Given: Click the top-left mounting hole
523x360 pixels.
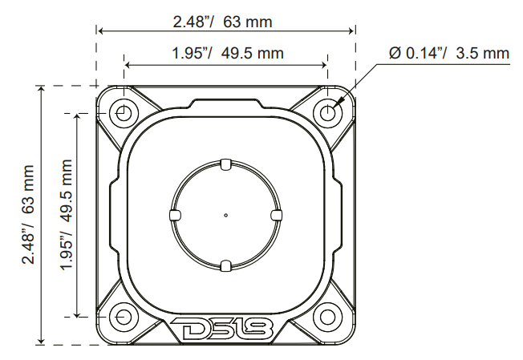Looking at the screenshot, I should click(124, 113).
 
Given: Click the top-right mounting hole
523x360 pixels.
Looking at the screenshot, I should click(327, 113).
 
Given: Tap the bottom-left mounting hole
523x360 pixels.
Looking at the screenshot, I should click(124, 317).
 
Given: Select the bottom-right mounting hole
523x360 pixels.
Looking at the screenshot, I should click(327, 317).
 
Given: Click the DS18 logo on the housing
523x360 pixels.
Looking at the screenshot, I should click(225, 330).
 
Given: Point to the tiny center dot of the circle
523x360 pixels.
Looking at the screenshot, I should click(225, 215).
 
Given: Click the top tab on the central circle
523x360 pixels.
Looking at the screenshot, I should click(225, 164).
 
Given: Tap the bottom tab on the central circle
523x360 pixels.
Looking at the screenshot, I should click(225, 265).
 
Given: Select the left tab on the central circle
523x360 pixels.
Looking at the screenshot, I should click(174, 215).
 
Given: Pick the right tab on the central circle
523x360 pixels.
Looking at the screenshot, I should click(277, 215).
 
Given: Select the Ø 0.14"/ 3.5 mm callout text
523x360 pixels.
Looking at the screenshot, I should click(449, 54).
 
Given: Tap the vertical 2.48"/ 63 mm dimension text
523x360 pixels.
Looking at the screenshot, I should click(30, 214).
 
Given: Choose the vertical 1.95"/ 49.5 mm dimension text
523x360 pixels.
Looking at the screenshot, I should click(67, 214).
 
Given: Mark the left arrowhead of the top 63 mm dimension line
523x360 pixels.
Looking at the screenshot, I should click(101, 31).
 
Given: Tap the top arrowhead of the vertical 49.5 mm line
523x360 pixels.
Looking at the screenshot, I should click(78, 117).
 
